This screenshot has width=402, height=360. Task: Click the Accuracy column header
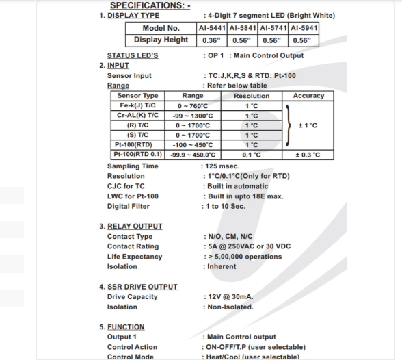(307, 97)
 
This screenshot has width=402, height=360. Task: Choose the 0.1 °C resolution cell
(251, 155)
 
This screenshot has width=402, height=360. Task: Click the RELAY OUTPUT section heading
(135, 226)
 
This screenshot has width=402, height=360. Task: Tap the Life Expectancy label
(135, 257)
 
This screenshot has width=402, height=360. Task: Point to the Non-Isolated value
(231, 307)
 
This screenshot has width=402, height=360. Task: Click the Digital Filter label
(128, 206)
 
